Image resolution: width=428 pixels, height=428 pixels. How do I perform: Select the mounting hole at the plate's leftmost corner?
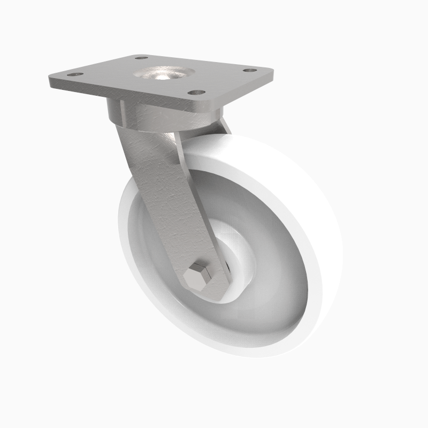coord(75,74)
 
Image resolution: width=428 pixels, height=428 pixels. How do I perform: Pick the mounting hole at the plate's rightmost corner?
coord(249,70)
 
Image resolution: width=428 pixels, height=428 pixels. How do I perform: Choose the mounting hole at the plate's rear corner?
coord(141,57)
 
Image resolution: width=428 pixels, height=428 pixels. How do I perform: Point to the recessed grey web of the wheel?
coord(267,300)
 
